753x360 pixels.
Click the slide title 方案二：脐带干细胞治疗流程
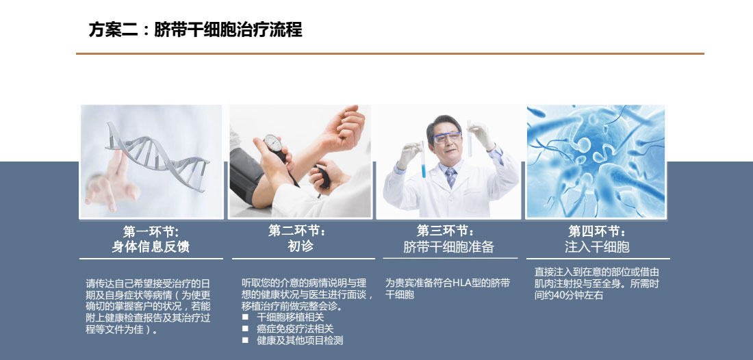point(196,29)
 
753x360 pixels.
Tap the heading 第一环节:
point(151,232)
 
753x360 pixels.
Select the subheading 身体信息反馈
point(151,246)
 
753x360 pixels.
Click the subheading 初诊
point(301,246)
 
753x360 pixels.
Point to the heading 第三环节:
point(446,231)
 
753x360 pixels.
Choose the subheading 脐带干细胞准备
point(448,246)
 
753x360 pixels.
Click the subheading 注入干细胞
point(597,246)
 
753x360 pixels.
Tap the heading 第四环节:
point(598,231)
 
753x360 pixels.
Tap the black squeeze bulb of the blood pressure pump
point(322,177)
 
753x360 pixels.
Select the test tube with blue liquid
point(424,160)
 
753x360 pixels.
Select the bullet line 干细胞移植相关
point(290,318)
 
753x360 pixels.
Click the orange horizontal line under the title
point(390,54)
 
